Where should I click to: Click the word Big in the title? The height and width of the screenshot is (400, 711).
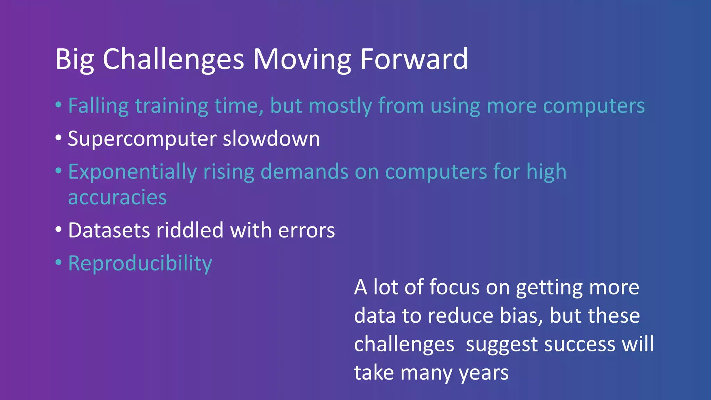(x=74, y=60)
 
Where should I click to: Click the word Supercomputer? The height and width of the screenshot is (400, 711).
(x=142, y=139)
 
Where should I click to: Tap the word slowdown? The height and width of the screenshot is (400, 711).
(x=271, y=139)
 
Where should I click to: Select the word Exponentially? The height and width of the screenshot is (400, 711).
(x=132, y=172)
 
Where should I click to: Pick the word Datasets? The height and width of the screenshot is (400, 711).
(x=109, y=230)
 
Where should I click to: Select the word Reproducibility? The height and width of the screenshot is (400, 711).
(x=140, y=264)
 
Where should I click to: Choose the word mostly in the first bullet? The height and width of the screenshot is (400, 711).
(x=340, y=106)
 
